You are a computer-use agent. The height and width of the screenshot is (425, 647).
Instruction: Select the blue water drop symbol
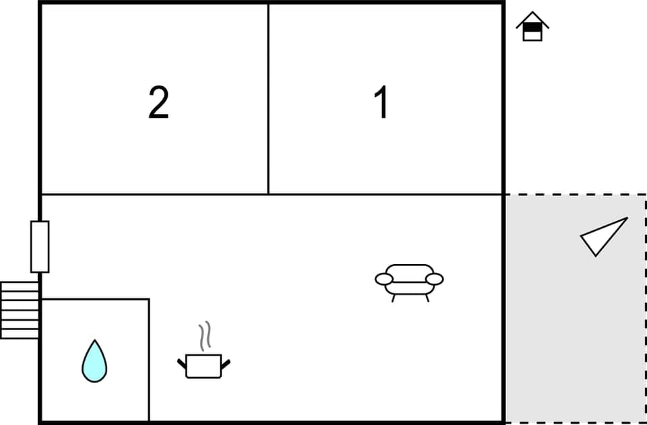94,362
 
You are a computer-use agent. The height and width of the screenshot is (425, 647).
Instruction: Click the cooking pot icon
204,366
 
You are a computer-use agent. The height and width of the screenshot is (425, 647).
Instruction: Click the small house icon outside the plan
532,27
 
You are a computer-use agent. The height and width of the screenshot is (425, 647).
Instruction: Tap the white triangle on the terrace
601,236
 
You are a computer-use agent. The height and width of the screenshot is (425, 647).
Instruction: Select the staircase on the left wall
20,310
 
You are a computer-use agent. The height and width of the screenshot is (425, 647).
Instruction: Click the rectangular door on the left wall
40,247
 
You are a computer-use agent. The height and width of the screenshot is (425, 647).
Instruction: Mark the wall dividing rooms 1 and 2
268,99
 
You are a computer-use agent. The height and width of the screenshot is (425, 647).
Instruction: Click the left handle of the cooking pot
182,364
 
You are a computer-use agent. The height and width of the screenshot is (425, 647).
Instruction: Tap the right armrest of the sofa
435,278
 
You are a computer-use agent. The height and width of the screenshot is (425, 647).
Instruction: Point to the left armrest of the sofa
383,279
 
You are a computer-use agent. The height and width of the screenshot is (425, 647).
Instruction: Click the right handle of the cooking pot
226,364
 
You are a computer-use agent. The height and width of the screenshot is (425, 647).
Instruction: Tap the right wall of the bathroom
149,360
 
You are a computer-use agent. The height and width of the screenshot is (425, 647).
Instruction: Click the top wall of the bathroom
95,299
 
